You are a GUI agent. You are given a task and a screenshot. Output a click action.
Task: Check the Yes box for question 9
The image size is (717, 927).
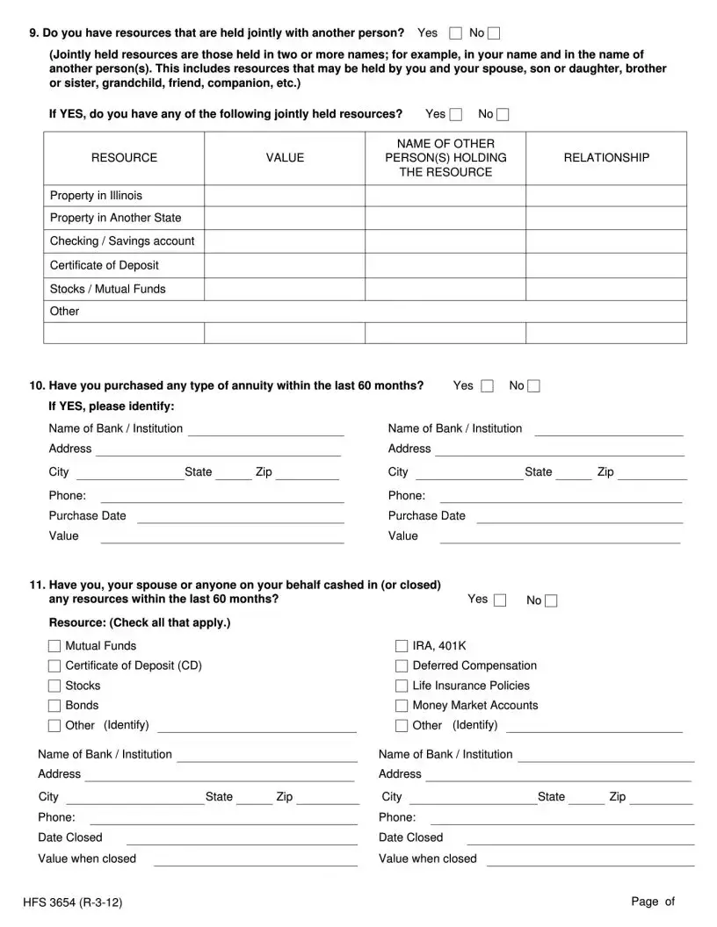point(455,33)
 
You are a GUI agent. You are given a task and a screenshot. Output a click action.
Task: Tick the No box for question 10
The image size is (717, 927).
point(533,386)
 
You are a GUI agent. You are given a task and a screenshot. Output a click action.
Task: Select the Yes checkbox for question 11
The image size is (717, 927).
point(500,600)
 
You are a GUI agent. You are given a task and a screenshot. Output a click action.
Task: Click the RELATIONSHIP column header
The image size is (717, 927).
point(606,158)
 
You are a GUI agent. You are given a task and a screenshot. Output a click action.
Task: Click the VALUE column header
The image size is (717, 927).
point(285,158)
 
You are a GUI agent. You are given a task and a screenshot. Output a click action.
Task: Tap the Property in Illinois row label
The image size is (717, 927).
point(96,195)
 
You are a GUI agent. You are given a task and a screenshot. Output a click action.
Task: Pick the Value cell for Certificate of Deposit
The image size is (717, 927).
point(285,265)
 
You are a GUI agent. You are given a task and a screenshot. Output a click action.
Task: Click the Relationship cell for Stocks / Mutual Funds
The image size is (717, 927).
point(606,289)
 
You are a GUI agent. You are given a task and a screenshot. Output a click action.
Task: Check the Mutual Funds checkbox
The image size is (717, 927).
point(54,647)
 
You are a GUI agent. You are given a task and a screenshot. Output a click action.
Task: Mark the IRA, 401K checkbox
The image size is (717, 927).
point(402,647)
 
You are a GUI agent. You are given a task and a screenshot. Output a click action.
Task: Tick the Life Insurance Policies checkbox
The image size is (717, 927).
point(402,686)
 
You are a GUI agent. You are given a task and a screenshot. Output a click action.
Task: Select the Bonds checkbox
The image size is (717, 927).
point(54,706)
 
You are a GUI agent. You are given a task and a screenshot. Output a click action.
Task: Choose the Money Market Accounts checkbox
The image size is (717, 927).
point(402,706)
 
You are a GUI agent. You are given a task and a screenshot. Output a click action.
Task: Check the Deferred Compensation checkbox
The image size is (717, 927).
point(402,666)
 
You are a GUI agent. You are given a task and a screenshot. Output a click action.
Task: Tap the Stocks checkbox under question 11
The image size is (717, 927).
point(54,686)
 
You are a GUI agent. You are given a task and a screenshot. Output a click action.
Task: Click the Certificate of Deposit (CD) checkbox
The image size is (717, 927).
point(54,666)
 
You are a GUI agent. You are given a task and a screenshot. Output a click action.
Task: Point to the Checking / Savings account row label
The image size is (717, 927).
point(122,241)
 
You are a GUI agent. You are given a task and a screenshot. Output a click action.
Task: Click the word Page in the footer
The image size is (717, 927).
point(645,902)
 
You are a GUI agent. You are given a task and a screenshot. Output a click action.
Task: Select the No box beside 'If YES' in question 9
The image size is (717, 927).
point(503,115)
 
